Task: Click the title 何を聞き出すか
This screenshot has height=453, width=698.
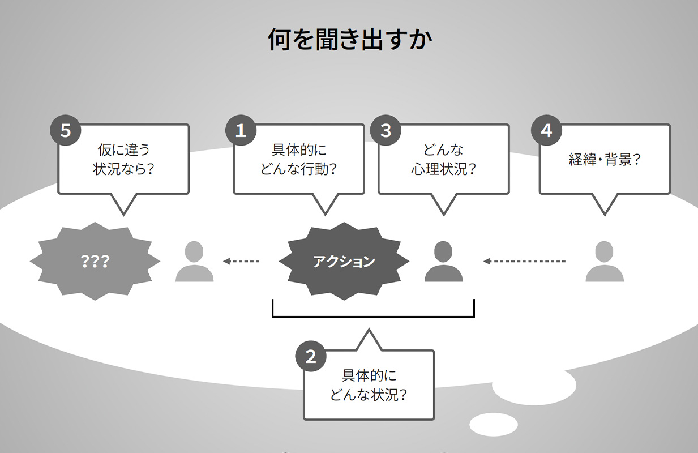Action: (x=349, y=41)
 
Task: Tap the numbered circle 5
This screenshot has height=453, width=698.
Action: (x=66, y=131)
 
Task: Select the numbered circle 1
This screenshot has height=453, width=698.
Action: (x=241, y=131)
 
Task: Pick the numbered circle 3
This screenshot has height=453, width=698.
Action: (x=386, y=131)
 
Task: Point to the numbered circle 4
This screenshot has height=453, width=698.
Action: (x=546, y=131)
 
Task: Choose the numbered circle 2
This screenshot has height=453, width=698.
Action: (x=311, y=357)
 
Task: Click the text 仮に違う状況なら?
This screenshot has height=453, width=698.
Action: (x=123, y=159)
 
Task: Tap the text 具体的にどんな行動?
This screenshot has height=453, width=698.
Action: (x=299, y=159)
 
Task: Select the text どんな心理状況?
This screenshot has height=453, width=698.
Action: (x=443, y=159)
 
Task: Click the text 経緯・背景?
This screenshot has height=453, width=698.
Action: (x=604, y=159)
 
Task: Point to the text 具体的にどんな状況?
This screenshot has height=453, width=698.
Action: (x=369, y=385)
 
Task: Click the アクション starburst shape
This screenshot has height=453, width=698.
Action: (x=344, y=262)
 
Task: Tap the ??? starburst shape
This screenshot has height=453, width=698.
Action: (x=95, y=262)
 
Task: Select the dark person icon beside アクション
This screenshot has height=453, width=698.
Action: (x=444, y=262)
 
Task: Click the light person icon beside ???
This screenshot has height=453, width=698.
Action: (x=194, y=262)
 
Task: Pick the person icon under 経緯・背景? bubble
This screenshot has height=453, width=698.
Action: (x=605, y=262)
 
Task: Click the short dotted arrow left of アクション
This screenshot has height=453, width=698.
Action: (x=241, y=262)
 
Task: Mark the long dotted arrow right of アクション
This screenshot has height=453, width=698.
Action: (x=524, y=262)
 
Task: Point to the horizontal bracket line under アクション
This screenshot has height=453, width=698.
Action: (x=373, y=316)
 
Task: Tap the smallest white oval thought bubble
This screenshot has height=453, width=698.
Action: (x=494, y=424)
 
